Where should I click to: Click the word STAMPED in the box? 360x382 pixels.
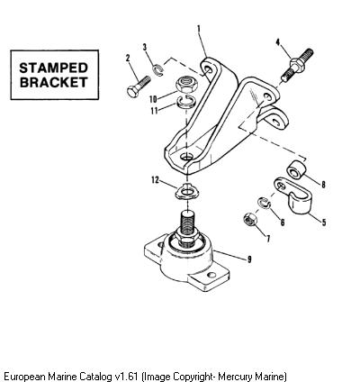pyautogui.click(x=53, y=68)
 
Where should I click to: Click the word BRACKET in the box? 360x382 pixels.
pyautogui.click(x=54, y=82)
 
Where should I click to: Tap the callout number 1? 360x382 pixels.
pyautogui.click(x=199, y=29)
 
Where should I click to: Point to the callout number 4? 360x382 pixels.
pyautogui.click(x=278, y=42)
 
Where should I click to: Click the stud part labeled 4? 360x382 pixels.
pyautogui.click(x=297, y=65)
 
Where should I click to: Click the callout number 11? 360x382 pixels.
pyautogui.click(x=154, y=111)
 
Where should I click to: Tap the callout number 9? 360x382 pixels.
pyautogui.click(x=249, y=259)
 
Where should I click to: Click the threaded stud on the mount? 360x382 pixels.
pyautogui.click(x=187, y=223)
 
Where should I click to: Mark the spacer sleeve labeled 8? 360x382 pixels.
pyautogui.click(x=296, y=170)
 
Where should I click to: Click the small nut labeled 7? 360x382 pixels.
pyautogui.click(x=249, y=219)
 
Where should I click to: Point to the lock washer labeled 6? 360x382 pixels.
pyautogui.click(x=264, y=203)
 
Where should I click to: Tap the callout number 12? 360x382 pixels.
pyautogui.click(x=155, y=180)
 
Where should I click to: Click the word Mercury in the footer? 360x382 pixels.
pyautogui.click(x=236, y=377)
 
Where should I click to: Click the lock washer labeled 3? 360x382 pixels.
pyautogui.click(x=157, y=71)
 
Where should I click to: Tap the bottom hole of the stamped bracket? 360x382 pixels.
pyautogui.click(x=187, y=157)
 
